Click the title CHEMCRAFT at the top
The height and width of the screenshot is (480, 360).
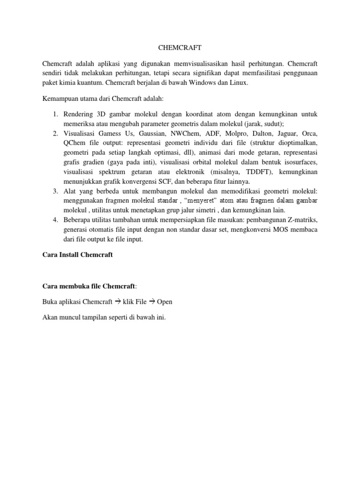180,47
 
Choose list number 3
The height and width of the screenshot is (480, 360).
55,191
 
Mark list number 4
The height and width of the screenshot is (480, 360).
55,220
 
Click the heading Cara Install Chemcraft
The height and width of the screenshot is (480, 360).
78,255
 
